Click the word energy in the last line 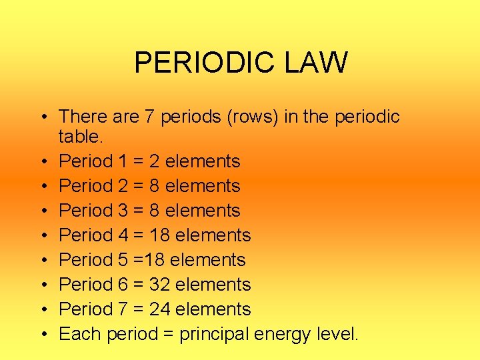(x=286, y=334)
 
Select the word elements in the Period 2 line (x=203, y=186)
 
